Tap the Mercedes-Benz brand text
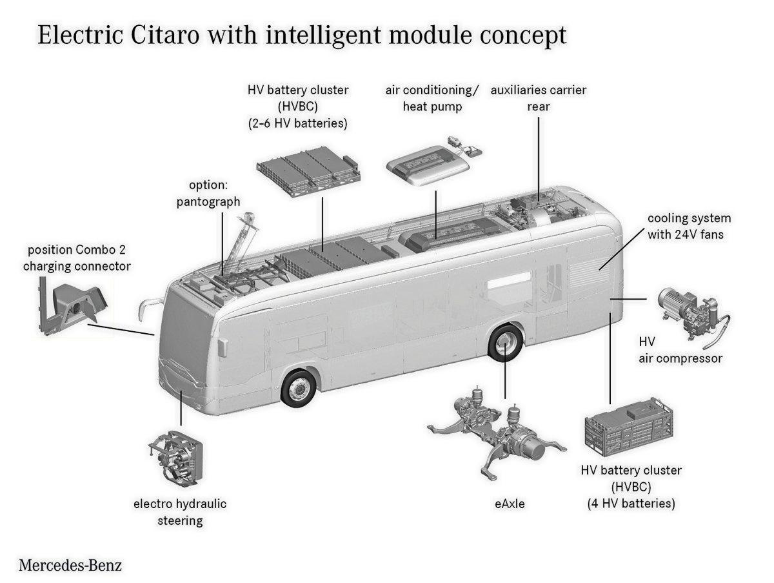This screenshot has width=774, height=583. pos(70,566)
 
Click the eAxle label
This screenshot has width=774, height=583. pos(505,504)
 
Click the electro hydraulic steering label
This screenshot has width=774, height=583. pos(180,511)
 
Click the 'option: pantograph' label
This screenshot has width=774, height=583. pos(208,193)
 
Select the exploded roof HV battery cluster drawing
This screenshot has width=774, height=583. pos(308,170)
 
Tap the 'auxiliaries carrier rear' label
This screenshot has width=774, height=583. pos(539,98)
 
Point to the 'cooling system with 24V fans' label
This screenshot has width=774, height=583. pos(688,227)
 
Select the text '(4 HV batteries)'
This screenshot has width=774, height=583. pos(631,503)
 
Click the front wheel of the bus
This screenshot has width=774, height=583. pos(299,387)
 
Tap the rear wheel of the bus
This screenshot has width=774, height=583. pos(505,343)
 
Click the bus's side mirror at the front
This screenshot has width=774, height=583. pos(148,302)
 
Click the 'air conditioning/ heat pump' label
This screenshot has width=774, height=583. pos(432,98)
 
